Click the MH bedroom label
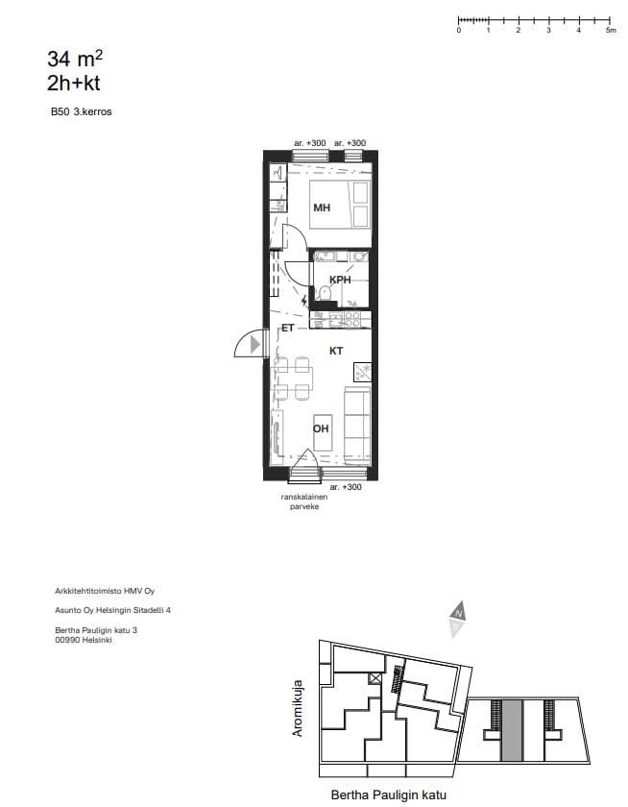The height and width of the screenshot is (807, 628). click(322, 208)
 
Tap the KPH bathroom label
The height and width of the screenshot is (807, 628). click(340, 280)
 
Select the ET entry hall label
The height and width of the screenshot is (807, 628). click(287, 328)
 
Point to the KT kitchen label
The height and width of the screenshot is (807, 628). click(336, 351)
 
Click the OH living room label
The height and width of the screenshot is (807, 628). click(321, 428)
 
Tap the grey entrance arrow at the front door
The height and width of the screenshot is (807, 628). click(255, 344)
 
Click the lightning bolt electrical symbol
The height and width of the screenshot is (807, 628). click(304, 300)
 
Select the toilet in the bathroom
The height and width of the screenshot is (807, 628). click(324, 293)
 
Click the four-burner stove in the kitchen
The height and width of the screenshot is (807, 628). click(352, 319)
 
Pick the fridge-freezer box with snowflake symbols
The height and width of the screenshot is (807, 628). click(362, 372)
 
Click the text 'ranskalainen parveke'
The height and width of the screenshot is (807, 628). click(304, 501)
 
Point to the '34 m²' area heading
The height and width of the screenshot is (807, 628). click(75, 59)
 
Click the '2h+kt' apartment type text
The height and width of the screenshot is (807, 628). click(74, 84)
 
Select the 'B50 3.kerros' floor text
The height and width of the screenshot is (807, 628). click(82, 111)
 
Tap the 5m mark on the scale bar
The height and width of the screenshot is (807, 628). click(611, 30)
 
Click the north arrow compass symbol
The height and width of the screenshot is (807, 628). click(457, 619)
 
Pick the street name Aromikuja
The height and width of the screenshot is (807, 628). click(298, 708)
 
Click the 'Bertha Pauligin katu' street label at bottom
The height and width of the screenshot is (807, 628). click(388, 795)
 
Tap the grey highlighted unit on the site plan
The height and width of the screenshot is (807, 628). click(512, 730)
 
